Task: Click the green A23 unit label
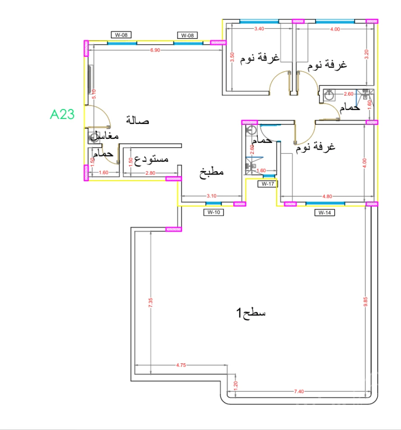62,114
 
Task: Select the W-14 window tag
324,213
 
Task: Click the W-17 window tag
268,184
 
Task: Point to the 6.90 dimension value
155,50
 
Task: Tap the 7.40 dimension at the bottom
299,392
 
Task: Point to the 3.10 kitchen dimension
211,196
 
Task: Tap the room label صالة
138,121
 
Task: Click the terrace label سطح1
251,312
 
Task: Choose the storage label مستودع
152,159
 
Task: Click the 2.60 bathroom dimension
348,94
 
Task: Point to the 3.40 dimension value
259,29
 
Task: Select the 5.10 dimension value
94,94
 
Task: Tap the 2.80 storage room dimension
150,173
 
